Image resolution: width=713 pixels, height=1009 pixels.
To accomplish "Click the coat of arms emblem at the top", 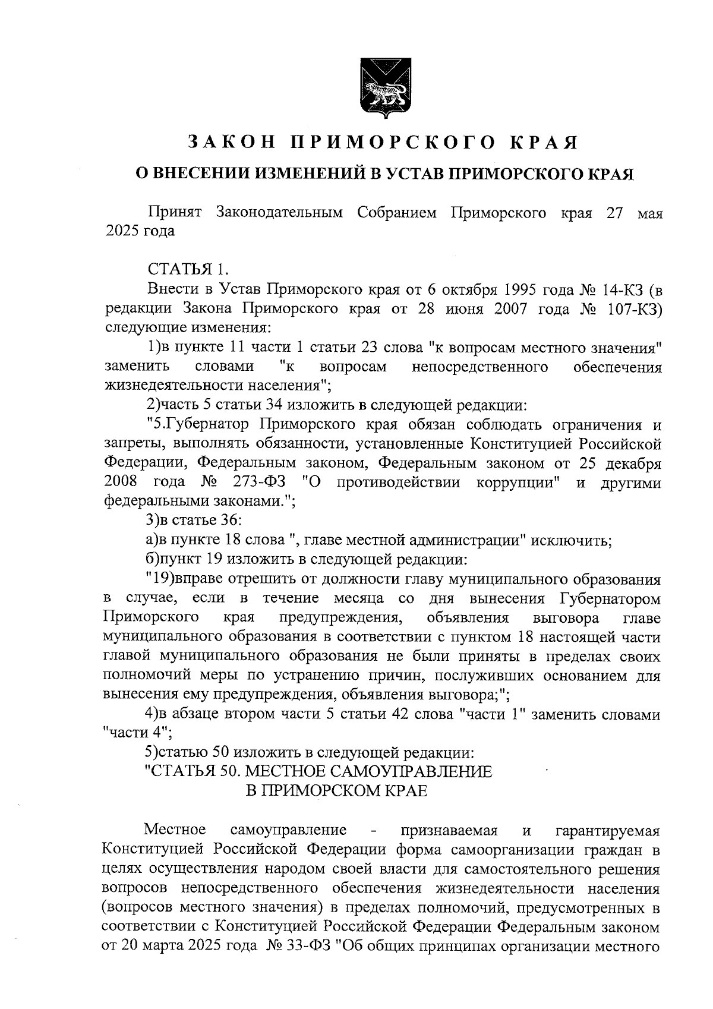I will (380, 89).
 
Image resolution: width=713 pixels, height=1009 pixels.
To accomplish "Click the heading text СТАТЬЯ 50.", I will (191, 772).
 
